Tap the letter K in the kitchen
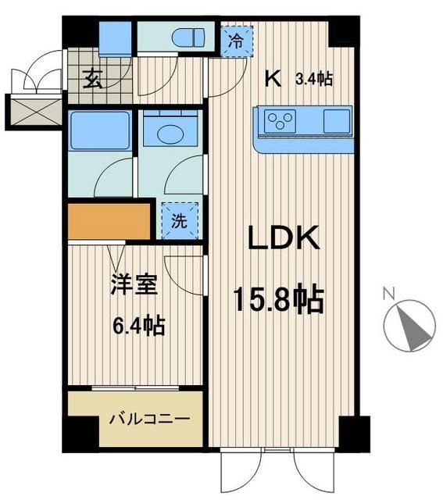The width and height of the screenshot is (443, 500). coord(273,78)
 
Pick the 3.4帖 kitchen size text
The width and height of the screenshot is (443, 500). coord(314,79)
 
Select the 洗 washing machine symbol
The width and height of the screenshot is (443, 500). coord(180,221)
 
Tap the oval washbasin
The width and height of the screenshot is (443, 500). coord(169,134)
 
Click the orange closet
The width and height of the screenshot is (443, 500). coord(108,222)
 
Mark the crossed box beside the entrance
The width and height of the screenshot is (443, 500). coord(30,112)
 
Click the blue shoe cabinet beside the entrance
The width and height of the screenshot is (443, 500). coord(117,37)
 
